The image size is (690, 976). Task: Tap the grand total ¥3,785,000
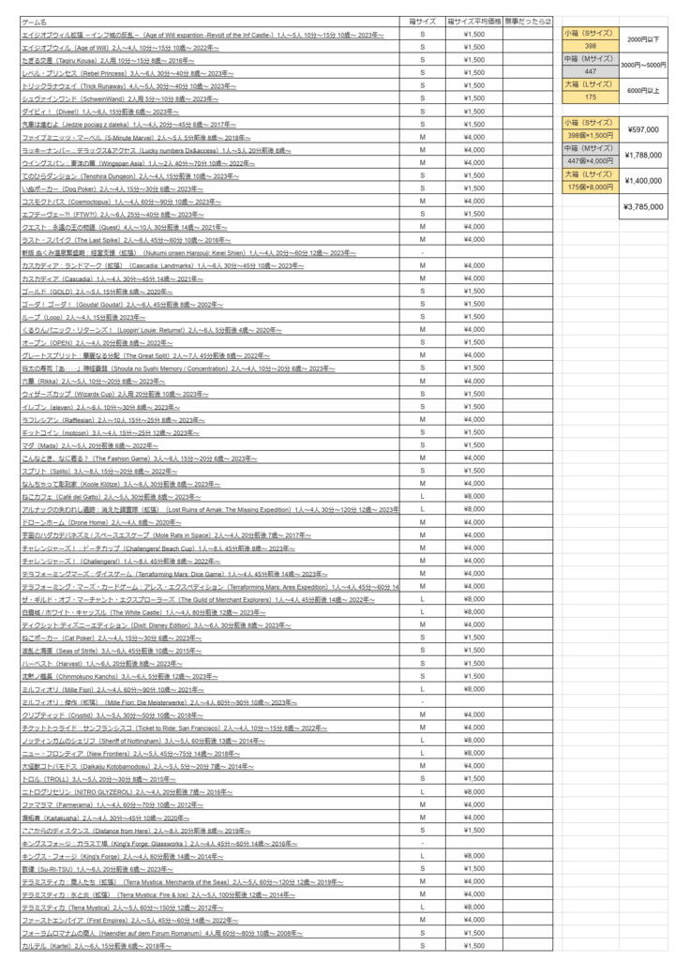pyautogui.click(x=642, y=207)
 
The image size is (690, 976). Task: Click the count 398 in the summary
pyautogui.click(x=591, y=45)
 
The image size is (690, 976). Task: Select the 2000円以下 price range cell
pyautogui.click(x=642, y=39)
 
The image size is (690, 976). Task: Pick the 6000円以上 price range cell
pyautogui.click(x=642, y=90)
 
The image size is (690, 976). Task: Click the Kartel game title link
pyautogui.click(x=94, y=946)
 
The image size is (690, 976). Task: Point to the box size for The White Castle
pyautogui.click(x=423, y=611)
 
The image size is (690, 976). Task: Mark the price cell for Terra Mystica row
pyautogui.click(x=473, y=907)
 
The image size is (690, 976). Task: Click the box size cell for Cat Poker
pyautogui.click(x=423, y=637)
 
